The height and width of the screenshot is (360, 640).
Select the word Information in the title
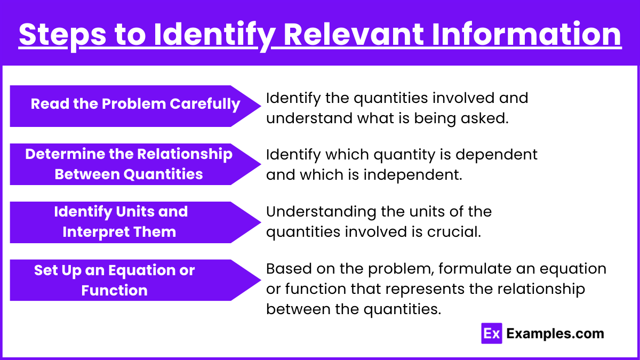pos(526,34)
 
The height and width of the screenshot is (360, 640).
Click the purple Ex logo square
pos(491,333)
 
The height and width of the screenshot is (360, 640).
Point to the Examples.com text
pos(555,333)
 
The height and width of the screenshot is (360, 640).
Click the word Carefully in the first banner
pos(205,104)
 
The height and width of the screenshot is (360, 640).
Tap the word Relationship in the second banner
pos(185,155)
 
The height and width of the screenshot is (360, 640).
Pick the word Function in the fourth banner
pos(114,290)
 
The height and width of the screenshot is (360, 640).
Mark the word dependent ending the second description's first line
pos(497,155)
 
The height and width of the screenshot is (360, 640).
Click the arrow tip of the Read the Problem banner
pos(261,106)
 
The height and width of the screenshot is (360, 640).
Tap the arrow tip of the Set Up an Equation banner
pos(261,281)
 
